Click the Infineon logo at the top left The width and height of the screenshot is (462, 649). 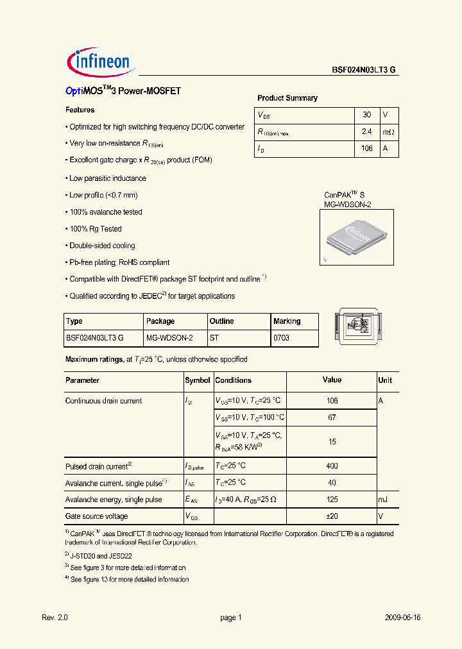pyautogui.click(x=99, y=62)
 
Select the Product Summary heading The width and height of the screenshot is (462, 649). pyautogui.click(x=287, y=98)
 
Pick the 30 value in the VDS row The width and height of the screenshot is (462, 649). pyautogui.click(x=366, y=115)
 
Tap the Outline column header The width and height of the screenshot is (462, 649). pyautogui.click(x=222, y=321)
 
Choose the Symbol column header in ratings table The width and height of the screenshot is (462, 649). pyautogui.click(x=198, y=380)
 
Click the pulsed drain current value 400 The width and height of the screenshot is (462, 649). pyautogui.click(x=332, y=466)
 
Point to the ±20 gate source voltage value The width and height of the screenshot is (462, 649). pyautogui.click(x=332, y=516)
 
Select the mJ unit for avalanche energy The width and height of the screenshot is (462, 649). pyautogui.click(x=383, y=500)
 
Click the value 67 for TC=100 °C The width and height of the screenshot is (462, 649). pyautogui.click(x=332, y=417)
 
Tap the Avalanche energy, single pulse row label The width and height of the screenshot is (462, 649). pyautogui.click(x=114, y=500)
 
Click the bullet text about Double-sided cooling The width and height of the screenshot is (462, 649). pyautogui.click(x=102, y=246)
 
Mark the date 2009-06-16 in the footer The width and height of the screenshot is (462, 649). pyautogui.click(x=403, y=618)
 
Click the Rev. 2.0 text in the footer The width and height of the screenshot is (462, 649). pyautogui.click(x=55, y=618)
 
